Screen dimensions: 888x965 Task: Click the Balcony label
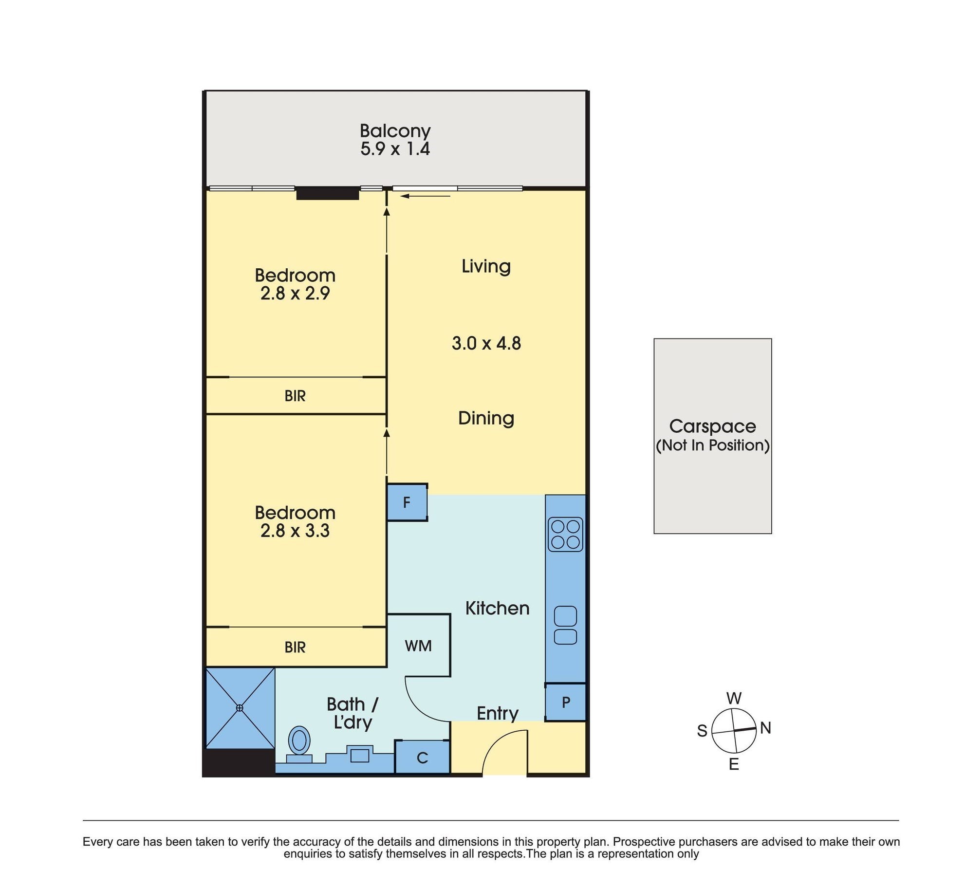pos(395,130)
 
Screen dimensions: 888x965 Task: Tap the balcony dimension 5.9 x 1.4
pos(395,148)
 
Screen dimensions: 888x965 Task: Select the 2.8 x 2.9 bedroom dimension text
pos(295,294)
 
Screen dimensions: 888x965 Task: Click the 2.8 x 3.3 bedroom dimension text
pos(295,531)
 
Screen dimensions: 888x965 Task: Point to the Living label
pos(486,266)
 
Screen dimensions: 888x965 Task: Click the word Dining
pos(486,418)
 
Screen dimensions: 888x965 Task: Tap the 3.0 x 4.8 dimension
pos(486,343)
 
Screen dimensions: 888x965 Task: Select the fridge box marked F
pos(407,502)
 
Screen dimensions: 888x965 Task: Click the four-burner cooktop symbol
pos(565,534)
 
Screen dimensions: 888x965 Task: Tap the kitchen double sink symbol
pos(565,625)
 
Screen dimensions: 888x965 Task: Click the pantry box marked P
pos(566,702)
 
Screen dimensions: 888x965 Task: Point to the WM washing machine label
pos(418,646)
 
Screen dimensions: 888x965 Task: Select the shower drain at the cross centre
pos(240,708)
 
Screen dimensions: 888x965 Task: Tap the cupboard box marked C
pos(422,758)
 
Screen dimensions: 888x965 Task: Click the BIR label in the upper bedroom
pos(295,396)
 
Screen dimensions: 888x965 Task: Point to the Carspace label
pos(712,426)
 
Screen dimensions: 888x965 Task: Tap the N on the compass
pos(765,728)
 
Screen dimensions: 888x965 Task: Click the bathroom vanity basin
pos(360,756)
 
